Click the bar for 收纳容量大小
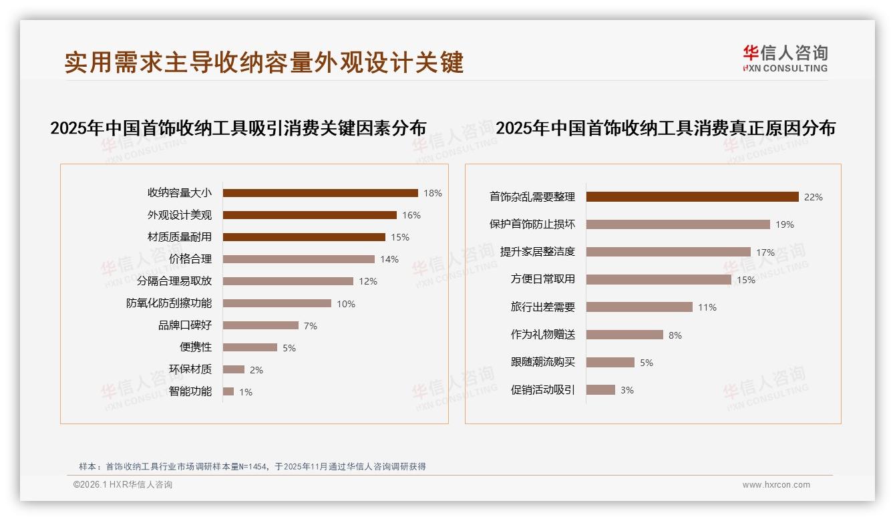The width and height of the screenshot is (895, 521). pos(320,193)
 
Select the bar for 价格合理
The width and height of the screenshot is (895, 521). pos(299,259)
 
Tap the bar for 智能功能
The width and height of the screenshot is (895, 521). pos(228,391)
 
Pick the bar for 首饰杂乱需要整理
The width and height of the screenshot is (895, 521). pos(692,197)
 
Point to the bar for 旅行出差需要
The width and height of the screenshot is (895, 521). pos(639,307)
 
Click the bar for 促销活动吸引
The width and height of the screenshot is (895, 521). pos(600,390)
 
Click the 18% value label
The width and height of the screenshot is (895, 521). pos(432,193)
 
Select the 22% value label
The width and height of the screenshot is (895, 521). pos(813,197)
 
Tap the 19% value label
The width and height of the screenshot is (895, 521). pos(785,225)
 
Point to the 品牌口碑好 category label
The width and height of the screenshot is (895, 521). pos(184,325)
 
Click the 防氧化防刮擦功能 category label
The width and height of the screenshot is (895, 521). pos(169,303)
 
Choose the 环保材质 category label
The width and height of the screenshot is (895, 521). pos(190,369)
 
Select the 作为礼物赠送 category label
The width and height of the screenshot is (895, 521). pos(542,335)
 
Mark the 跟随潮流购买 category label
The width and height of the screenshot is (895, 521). pos(542,362)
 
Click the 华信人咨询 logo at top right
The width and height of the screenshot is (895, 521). pos(785,58)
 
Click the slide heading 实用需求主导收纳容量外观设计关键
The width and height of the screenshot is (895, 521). pos(264,63)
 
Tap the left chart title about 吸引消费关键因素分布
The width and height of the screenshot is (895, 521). pos(238,128)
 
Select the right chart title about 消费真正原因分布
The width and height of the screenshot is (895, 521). pos(665,128)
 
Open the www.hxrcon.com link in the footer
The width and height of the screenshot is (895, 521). pos(776,485)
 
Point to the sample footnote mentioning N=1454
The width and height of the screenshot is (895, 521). pos(252,467)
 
